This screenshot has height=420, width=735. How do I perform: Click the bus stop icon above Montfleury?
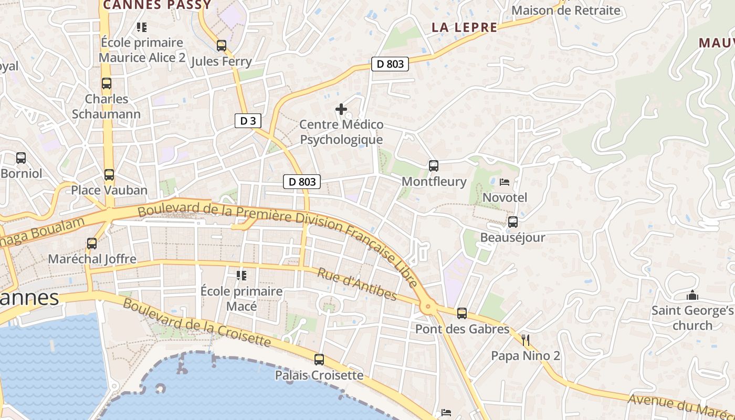pyautogui.click(x=434, y=166)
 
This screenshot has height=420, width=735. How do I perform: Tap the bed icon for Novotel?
pyautogui.click(x=505, y=182)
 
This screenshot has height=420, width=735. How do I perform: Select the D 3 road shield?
pyautogui.click(x=248, y=121)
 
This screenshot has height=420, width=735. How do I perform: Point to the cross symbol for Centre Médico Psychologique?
pyautogui.click(x=341, y=109)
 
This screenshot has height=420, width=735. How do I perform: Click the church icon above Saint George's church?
pyautogui.click(x=692, y=295)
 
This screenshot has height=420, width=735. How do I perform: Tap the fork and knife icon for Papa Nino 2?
pyautogui.click(x=526, y=340)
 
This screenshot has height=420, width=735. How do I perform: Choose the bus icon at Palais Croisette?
pyautogui.click(x=319, y=360)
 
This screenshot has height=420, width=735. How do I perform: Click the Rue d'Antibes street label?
pyautogui.click(x=357, y=284)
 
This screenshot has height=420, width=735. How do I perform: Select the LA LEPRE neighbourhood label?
pyautogui.click(x=464, y=28)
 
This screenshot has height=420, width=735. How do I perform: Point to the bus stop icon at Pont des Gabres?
pyautogui.click(x=462, y=313)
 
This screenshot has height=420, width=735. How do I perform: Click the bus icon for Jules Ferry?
pyautogui.click(x=222, y=46)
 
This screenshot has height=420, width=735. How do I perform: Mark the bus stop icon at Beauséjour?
pyautogui.click(x=513, y=222)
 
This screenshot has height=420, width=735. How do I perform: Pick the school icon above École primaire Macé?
pyautogui.click(x=241, y=275)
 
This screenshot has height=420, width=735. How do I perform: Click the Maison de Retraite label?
pyautogui.click(x=565, y=10)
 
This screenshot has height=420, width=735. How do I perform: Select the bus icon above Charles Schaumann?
pyautogui.click(x=107, y=83)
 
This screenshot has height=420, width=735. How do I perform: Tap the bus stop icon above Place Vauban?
pyautogui.click(x=109, y=175)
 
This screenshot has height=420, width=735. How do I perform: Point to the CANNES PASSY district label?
pyautogui.click(x=157, y=5)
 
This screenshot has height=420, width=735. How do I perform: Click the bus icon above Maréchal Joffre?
pyautogui.click(x=92, y=244)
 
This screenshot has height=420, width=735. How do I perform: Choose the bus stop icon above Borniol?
pyautogui.click(x=21, y=158)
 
